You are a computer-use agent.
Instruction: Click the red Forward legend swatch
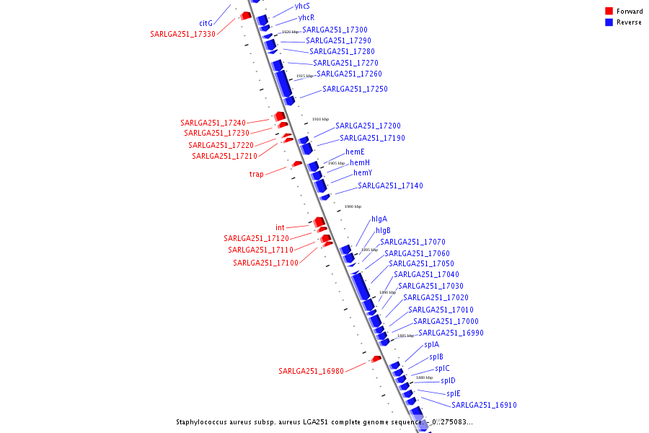pos(609,11)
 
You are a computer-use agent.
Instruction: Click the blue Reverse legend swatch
pos(609,22)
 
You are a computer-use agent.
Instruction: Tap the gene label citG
pos(206,23)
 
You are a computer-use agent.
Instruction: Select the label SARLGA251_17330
pos(182,34)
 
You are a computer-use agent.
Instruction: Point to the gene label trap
pos(257,174)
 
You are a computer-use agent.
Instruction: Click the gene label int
pos(280,227)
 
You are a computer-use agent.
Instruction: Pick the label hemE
pos(355,152)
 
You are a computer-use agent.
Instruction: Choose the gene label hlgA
pos(379,219)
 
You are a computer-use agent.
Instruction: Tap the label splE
pos(453,393)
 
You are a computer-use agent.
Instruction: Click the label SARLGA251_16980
pos(311,371)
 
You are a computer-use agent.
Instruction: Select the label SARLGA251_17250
pos(355,89)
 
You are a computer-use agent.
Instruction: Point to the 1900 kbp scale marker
pos(353,206)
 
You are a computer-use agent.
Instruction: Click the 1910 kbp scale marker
pos(320,119)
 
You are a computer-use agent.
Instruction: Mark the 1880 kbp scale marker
pos(424,377)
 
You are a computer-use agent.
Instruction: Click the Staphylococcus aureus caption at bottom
pos(324,422)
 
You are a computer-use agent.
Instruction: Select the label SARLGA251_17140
pos(390,185)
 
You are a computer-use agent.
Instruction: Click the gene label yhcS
pos(302,6)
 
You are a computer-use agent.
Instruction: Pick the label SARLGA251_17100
pos(265,263)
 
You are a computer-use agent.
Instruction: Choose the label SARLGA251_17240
pos(213,123)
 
